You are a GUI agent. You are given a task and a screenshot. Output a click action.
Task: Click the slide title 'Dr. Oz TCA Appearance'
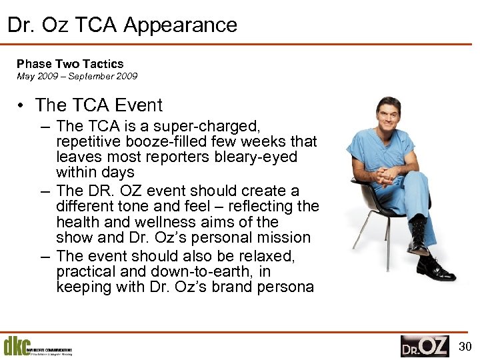[122, 25]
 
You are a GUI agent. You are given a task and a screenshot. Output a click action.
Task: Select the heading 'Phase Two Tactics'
[70, 64]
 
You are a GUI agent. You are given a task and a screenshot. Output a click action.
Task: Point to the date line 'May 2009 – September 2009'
[77, 76]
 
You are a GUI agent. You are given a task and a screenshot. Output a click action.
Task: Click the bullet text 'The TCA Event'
[99, 105]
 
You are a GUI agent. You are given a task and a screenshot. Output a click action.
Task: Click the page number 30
[466, 346]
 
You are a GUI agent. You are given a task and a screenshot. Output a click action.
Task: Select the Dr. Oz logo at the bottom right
[425, 346]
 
